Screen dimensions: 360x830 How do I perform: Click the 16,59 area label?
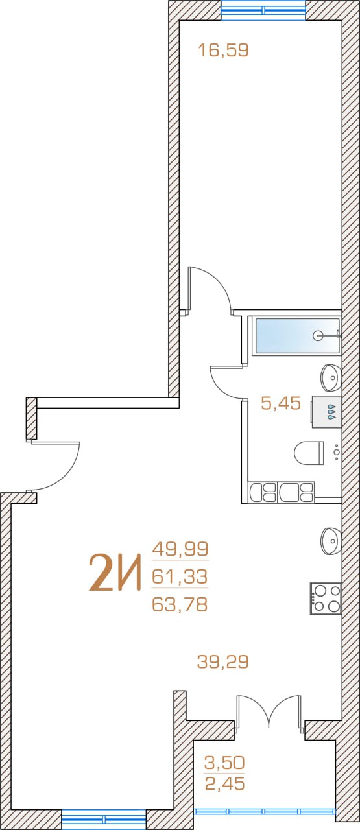click(223, 50)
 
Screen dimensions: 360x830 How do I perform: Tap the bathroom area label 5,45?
click(281, 403)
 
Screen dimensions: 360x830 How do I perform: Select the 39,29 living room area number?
click(222, 662)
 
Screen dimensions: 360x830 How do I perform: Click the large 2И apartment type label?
click(115, 572)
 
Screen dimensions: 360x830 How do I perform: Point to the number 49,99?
click(180, 549)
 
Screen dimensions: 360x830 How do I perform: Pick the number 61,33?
click(180, 576)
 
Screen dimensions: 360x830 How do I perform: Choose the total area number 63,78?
click(180, 604)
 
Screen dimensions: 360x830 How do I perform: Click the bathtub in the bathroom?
click(296, 336)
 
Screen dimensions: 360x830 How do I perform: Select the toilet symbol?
click(309, 453)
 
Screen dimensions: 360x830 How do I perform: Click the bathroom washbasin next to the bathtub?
click(331, 377)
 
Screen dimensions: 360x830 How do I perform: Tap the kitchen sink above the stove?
click(331, 541)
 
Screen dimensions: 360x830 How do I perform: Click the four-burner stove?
click(326, 599)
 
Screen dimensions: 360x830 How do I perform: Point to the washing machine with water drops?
click(326, 412)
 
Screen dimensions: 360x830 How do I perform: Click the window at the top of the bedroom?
click(263, 10)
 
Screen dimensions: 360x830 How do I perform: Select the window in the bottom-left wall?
click(104, 820)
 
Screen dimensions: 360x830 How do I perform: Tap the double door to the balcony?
click(269, 709)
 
